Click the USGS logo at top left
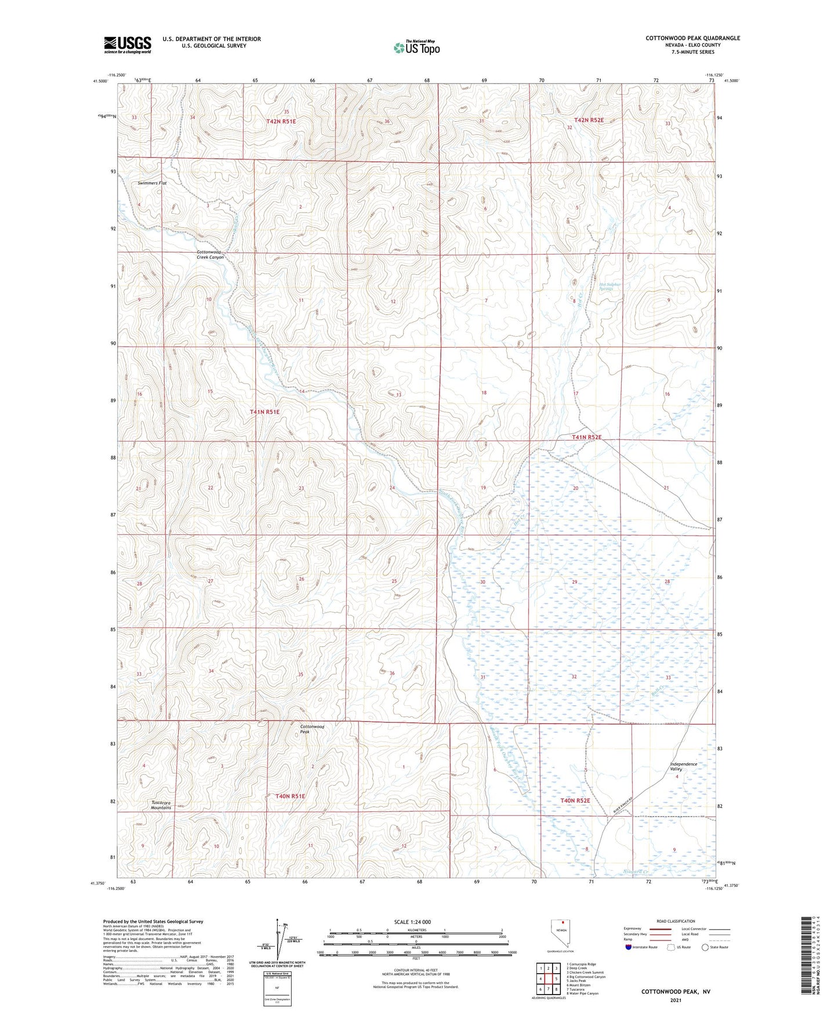128,44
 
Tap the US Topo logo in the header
416,48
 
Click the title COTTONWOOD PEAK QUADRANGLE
692,38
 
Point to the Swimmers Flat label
152,183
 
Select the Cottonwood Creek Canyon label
210,254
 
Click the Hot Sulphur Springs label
610,286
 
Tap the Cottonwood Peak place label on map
312,729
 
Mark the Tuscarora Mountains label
161,804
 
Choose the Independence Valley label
683,766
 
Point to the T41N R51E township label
264,412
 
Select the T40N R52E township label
575,800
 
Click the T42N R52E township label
589,120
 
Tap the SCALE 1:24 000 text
412,922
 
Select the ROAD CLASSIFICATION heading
676,921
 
